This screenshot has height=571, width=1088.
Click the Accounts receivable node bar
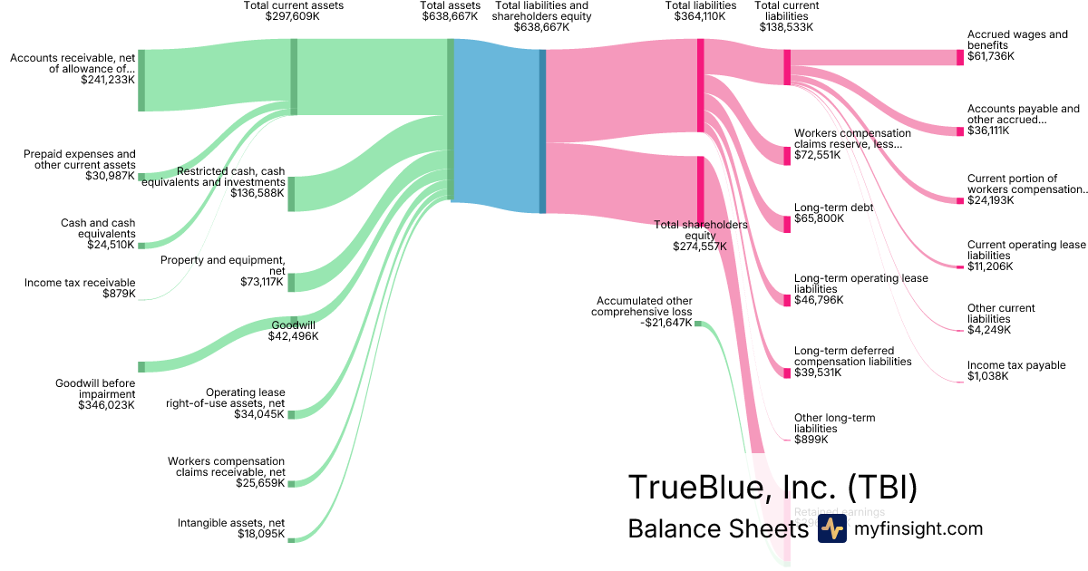tap(141, 81)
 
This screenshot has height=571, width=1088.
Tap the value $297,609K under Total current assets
tap(293, 16)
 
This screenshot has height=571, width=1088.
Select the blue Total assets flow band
tap(496, 126)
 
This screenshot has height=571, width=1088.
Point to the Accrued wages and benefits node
tap(960, 57)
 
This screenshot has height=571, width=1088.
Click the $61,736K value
tap(991, 56)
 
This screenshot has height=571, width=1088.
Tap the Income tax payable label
tap(1016, 365)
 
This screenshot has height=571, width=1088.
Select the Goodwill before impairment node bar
tap(141, 366)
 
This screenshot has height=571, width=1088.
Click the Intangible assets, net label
tap(231, 523)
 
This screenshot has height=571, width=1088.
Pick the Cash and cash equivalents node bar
tap(141, 245)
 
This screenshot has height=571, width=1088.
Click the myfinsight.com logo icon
tap(831, 528)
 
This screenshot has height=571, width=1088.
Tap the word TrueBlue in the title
tap(688, 488)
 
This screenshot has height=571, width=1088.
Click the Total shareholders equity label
tap(701, 229)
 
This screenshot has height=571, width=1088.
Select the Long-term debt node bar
tap(787, 224)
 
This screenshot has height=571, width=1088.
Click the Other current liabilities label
tap(1001, 314)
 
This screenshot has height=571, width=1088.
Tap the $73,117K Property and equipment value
tap(260, 282)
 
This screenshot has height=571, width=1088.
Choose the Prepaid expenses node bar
tap(141, 177)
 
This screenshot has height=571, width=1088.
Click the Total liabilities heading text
tap(701, 5)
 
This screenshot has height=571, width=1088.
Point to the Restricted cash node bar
tap(291, 194)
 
